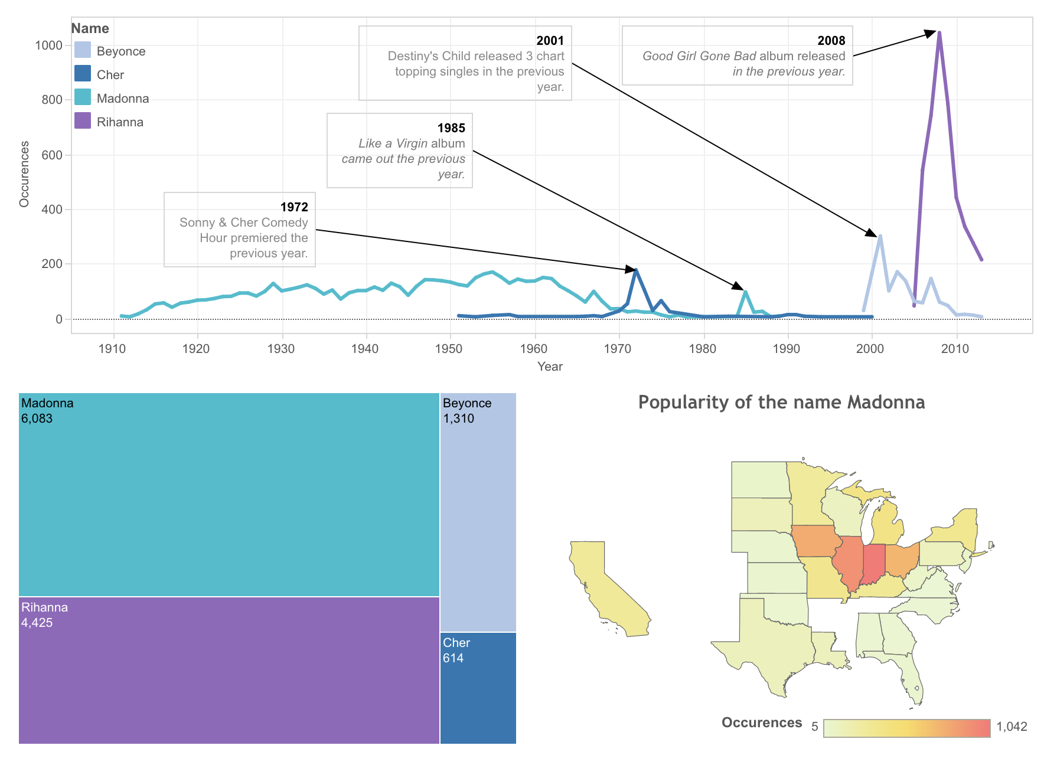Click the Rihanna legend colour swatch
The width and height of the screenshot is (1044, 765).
(83, 121)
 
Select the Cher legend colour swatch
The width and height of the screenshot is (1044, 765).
(83, 74)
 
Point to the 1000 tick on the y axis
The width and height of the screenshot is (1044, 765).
(48, 45)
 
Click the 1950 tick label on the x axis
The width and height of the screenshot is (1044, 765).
(449, 349)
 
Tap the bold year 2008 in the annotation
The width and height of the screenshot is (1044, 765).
(831, 41)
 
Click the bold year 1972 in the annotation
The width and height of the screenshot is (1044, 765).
(294, 207)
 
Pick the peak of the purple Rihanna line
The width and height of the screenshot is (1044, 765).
(939, 32)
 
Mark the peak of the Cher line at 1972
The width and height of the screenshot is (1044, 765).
(636, 270)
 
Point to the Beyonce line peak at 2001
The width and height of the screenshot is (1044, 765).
(880, 236)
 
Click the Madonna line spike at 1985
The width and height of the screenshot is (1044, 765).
(746, 292)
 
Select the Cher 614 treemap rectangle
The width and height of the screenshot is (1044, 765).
(478, 688)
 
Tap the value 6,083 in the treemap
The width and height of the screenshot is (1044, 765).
(37, 419)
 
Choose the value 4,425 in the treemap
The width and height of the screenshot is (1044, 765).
(37, 623)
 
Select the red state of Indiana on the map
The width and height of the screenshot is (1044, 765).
(873, 564)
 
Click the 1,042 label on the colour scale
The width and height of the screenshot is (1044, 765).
(1012, 727)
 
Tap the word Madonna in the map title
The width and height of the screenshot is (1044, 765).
(886, 403)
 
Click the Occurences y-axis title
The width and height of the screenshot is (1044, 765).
(24, 174)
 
